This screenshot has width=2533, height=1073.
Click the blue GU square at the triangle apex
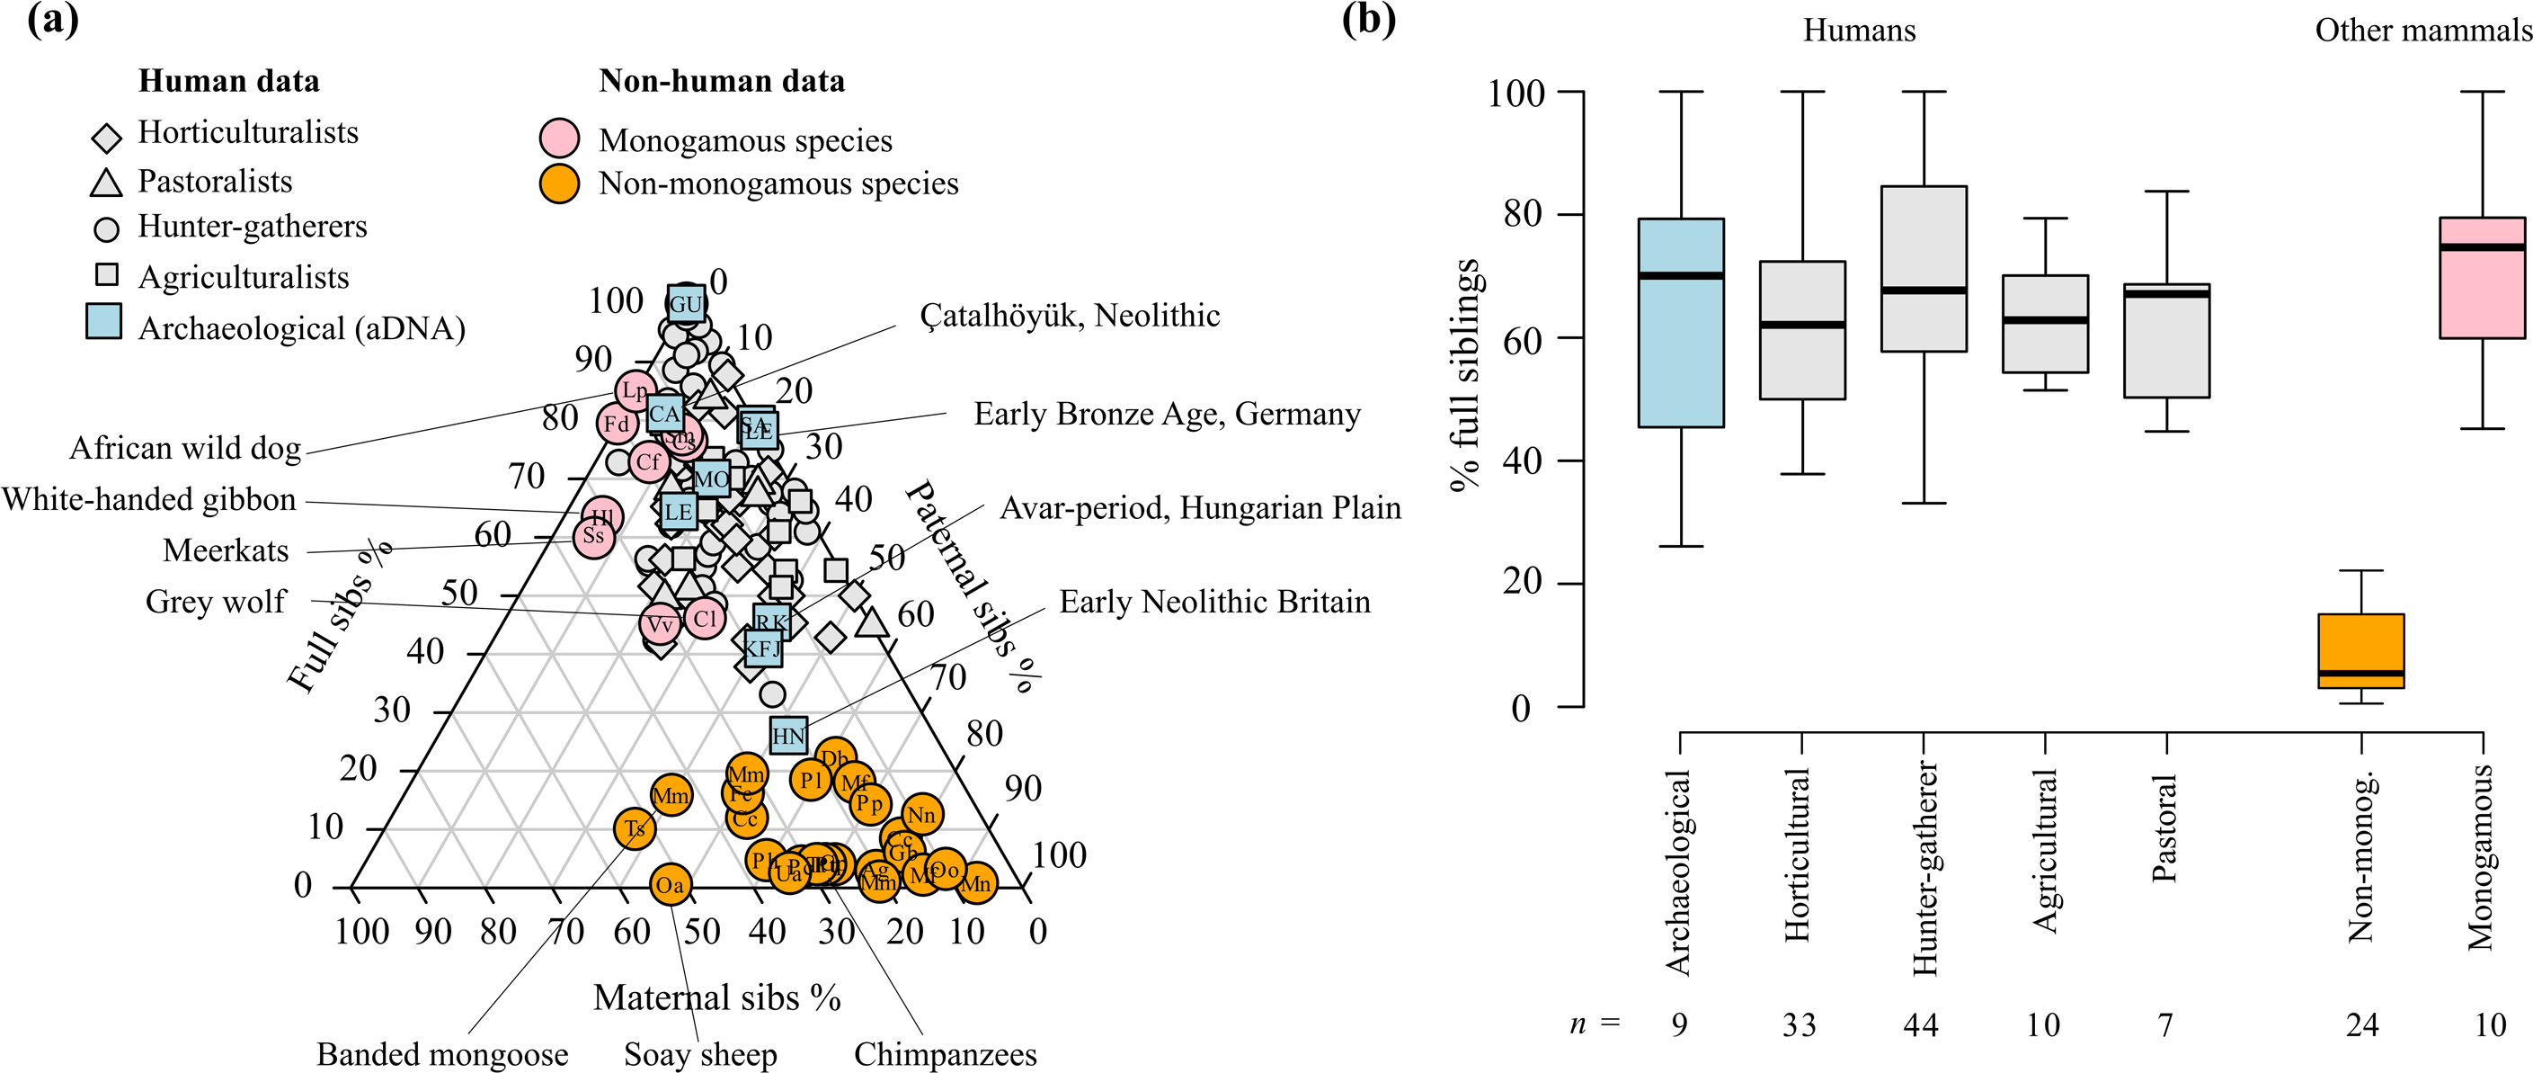pyautogui.click(x=685, y=304)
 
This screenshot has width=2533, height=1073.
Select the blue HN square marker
pyautogui.click(x=788, y=735)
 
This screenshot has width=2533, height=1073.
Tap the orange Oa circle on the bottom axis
pyautogui.click(x=670, y=884)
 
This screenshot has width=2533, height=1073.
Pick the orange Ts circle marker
pyautogui.click(x=635, y=828)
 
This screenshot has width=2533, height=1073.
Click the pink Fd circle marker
pyautogui.click(x=617, y=424)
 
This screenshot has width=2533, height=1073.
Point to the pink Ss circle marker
pyautogui.click(x=594, y=536)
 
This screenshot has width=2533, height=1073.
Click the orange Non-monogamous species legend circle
pyautogui.click(x=559, y=183)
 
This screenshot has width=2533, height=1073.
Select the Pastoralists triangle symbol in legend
pyautogui.click(x=106, y=183)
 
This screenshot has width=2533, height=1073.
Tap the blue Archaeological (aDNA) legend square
pyautogui.click(x=103, y=322)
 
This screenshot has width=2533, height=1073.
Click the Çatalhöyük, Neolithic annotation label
pyautogui.click(x=1069, y=316)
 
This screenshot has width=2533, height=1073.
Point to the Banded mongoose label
pyautogui.click(x=441, y=1054)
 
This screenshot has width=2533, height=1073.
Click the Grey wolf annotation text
pyautogui.click(x=216, y=601)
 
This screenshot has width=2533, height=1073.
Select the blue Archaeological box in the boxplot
pyautogui.click(x=1681, y=323)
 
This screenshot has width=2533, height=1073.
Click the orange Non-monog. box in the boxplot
pyautogui.click(x=2361, y=651)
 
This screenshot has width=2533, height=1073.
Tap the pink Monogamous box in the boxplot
pyautogui.click(x=2482, y=277)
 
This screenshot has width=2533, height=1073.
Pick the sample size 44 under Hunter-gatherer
pyautogui.click(x=1920, y=1024)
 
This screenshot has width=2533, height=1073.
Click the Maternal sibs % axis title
pyautogui.click(x=716, y=997)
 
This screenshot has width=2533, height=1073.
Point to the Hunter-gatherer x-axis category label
pyautogui.click(x=1924, y=869)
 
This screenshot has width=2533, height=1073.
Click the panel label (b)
pyautogui.click(x=1368, y=20)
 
